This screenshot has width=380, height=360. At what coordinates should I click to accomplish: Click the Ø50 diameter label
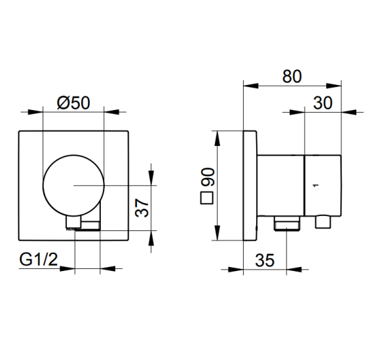pos(73,103)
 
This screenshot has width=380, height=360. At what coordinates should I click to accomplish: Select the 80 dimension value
pos(292,77)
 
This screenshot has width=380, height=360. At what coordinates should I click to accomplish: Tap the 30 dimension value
pos(322,103)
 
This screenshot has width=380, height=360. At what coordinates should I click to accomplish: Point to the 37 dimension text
pos(142,207)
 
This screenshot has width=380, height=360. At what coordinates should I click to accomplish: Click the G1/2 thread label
pos(39,260)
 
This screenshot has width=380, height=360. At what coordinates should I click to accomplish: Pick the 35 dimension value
pos(265,261)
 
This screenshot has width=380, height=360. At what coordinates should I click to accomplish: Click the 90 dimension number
pos(208,177)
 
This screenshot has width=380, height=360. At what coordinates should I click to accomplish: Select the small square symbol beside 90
pos(206,198)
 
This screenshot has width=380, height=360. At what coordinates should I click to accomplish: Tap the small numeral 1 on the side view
pos(315,185)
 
